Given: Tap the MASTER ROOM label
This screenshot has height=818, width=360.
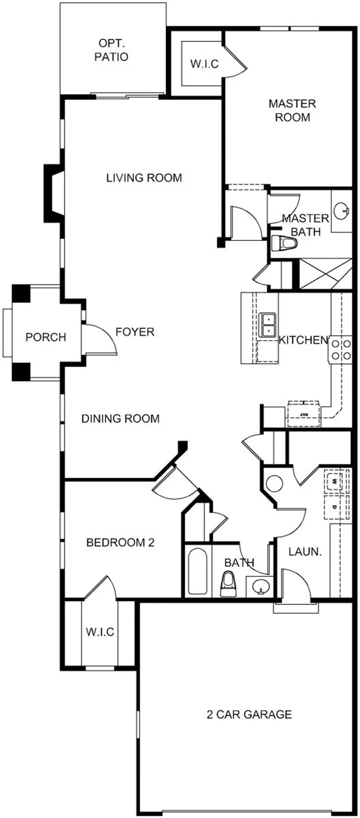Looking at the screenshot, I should point(292,110).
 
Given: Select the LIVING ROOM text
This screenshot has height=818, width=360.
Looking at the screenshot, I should point(144,178).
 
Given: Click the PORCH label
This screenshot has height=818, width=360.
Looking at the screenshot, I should point(46,337).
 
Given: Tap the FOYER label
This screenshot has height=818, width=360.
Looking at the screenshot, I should point(135,332).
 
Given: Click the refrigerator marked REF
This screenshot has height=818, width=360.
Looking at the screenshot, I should point(304,414).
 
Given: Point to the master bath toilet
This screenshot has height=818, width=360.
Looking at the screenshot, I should point(284,243).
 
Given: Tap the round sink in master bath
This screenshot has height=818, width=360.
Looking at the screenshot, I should point(342,209).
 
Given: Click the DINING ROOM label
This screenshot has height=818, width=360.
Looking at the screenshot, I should point(120,418).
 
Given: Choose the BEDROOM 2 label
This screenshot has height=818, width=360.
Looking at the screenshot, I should point(120,543).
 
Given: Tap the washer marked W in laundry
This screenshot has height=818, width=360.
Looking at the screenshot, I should point(335,481).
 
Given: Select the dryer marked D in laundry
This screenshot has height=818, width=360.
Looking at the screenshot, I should point(335,506).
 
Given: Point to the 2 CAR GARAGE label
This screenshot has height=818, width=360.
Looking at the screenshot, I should point(249,714).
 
